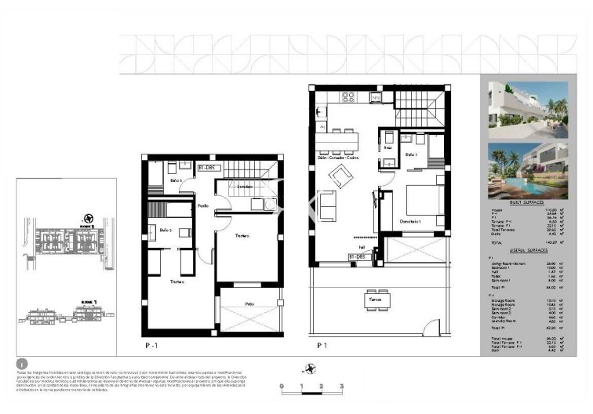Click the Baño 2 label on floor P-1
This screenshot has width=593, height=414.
(166, 231)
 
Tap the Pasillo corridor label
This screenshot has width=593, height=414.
(202, 206)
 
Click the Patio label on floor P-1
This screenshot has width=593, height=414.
(249, 303)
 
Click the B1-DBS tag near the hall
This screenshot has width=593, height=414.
(358, 256)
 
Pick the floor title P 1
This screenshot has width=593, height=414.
(322, 344)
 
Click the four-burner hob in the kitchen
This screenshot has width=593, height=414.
(349, 97)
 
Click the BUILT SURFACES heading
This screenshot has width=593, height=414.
(526, 202)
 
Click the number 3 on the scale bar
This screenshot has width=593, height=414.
(341, 387)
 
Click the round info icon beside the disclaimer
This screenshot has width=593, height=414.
(21, 363)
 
